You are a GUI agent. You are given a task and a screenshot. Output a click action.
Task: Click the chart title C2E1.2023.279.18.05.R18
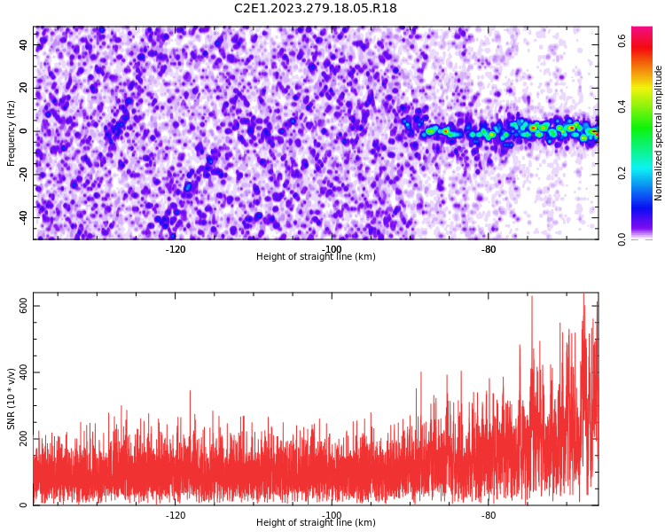tap(315, 9)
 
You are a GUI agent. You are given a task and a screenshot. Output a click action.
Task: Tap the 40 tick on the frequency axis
tap(24, 45)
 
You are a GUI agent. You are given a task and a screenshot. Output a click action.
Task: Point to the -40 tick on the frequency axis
tap(21, 217)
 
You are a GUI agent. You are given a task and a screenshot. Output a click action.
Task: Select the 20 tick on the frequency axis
tap(24, 89)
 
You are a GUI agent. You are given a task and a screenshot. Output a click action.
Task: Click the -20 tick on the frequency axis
tap(21, 175)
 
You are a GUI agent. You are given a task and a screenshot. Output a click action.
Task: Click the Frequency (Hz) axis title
tap(12, 133)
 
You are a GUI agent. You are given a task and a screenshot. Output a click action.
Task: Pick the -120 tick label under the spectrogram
tap(176, 249)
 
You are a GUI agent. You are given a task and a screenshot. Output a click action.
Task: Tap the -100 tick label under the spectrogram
tap(332, 249)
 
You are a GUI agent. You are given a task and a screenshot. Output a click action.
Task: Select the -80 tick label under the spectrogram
tap(489, 249)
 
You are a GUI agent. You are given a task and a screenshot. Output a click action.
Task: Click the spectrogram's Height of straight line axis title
tap(316, 257)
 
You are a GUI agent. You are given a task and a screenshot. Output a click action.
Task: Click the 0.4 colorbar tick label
tap(622, 106)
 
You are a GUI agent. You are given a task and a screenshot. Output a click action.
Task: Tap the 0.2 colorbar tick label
tap(622, 173)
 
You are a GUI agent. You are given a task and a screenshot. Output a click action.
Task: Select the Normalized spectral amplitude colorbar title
tap(659, 133)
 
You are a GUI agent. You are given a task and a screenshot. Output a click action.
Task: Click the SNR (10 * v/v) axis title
tap(12, 399)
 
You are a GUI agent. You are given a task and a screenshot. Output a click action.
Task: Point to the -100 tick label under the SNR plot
tap(332, 515)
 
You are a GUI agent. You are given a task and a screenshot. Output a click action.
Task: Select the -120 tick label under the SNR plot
tap(176, 515)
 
